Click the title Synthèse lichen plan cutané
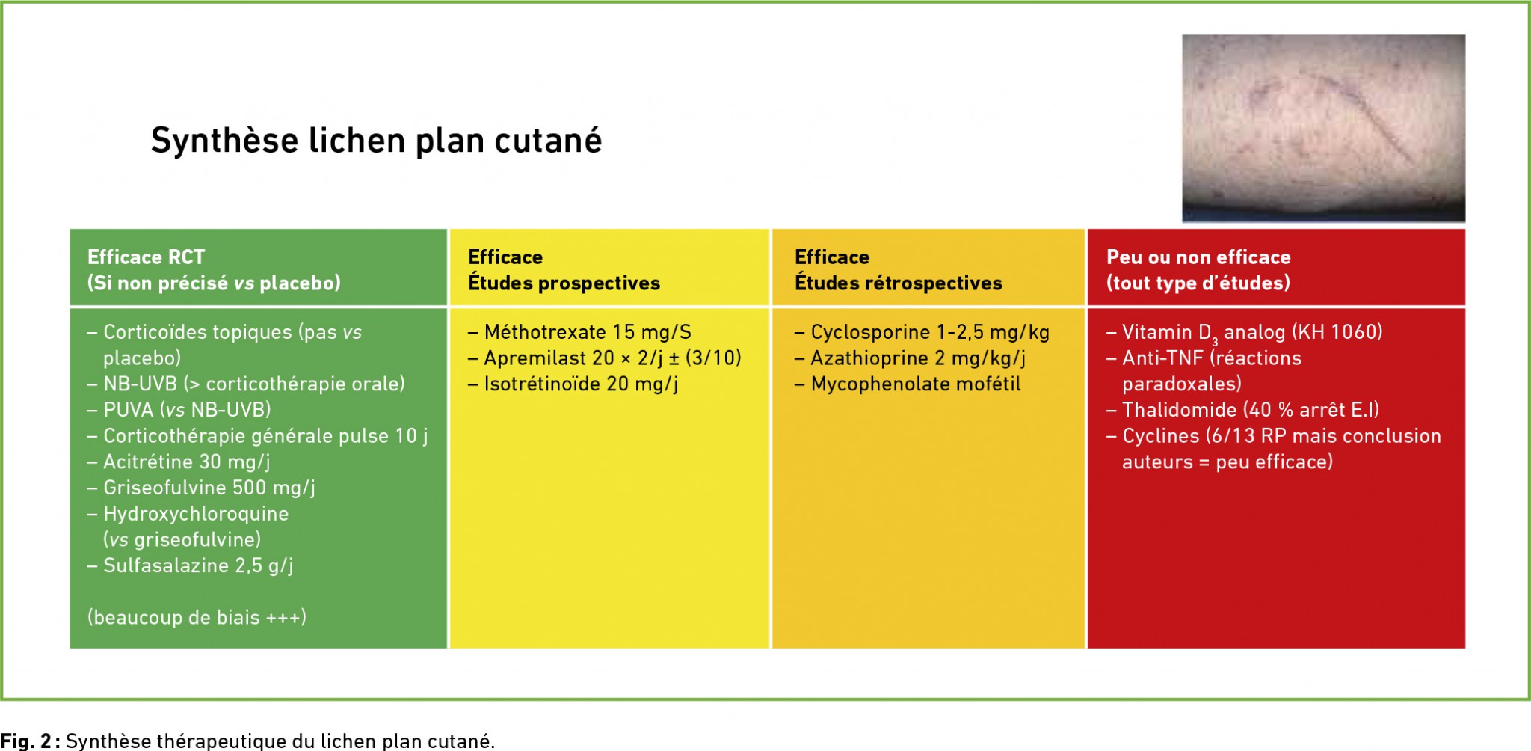click(x=376, y=141)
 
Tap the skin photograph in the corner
click(x=1323, y=128)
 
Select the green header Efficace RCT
click(x=146, y=257)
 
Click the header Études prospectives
click(x=564, y=283)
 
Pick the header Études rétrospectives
click(x=898, y=283)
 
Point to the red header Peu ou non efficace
click(x=1198, y=257)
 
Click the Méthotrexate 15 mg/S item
click(x=579, y=332)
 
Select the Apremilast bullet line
click(x=605, y=358)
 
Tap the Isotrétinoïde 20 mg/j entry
click(x=573, y=384)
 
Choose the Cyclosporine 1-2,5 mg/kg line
click(x=922, y=332)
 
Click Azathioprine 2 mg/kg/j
click(x=910, y=358)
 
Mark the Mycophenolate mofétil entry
click(x=908, y=384)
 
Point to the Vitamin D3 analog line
click(x=1245, y=333)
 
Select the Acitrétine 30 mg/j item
click(x=179, y=462)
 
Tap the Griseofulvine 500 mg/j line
click(x=201, y=488)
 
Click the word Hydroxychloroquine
click(x=196, y=514)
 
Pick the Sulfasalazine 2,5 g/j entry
click(x=190, y=566)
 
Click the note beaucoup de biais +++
click(x=197, y=618)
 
